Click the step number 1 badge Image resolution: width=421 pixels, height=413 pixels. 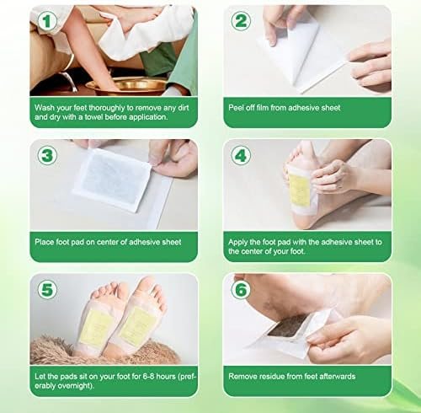click(47, 21)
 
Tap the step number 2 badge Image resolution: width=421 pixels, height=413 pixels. click(241, 21)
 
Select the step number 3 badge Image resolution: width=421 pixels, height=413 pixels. click(47, 155)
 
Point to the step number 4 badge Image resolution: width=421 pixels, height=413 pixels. click(241, 155)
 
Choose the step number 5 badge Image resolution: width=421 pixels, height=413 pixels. click(47, 289)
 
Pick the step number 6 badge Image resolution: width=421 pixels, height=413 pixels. click(241, 289)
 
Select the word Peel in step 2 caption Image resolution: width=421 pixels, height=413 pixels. click(236, 108)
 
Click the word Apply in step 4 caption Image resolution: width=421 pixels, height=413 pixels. click(237, 242)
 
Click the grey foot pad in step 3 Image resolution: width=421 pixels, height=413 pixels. click(111, 180)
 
